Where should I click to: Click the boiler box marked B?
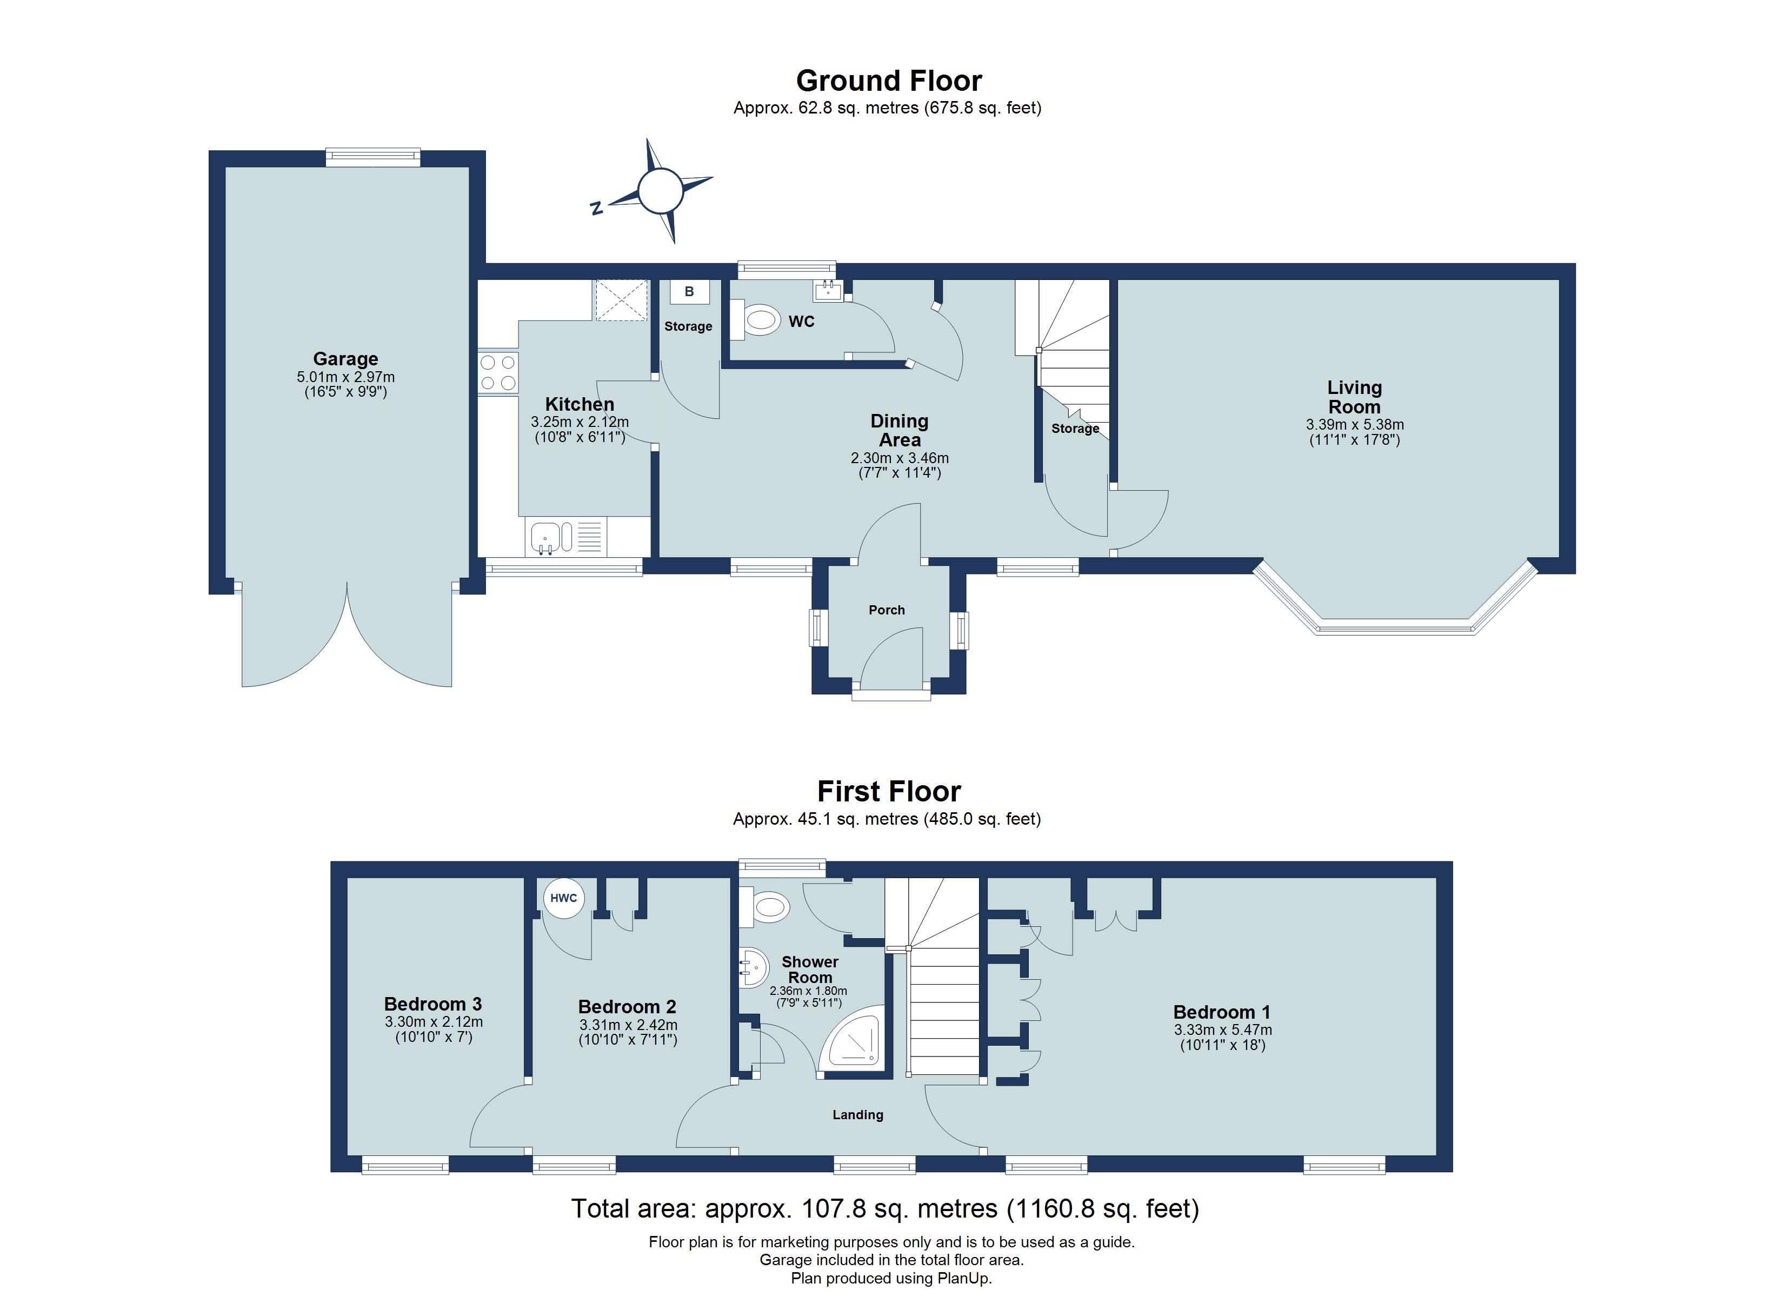[689, 292]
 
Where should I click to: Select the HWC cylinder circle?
[563, 898]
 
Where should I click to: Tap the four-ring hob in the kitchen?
[498, 373]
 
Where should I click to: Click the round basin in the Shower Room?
[753, 967]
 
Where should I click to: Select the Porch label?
[887, 610]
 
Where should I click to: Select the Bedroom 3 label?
[432, 1005]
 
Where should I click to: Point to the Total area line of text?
[885, 1208]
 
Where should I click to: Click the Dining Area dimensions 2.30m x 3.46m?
[899, 458]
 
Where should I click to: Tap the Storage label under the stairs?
[1075, 429]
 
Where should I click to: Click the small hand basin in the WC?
[828, 292]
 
